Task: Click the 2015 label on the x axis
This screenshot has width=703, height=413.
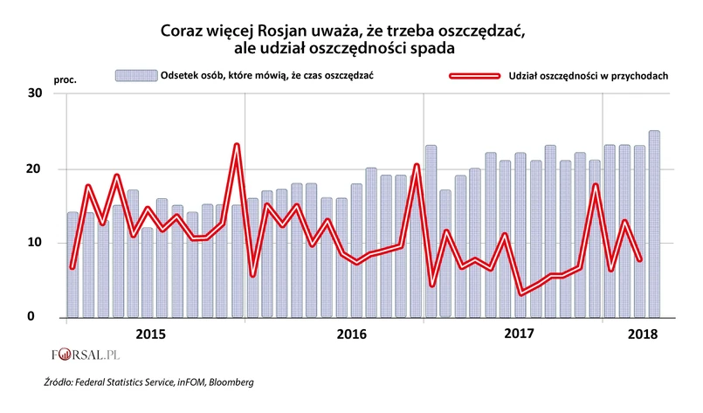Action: tap(152, 334)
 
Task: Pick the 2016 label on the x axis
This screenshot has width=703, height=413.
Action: tap(351, 334)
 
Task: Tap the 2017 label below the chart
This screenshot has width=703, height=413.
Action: tap(519, 334)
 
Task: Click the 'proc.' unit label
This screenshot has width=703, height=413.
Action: tap(65, 79)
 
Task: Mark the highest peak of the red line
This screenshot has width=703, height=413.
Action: tap(237, 145)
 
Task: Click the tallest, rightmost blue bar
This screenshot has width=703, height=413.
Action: tap(654, 224)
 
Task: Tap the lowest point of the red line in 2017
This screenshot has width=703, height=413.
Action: tap(522, 293)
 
